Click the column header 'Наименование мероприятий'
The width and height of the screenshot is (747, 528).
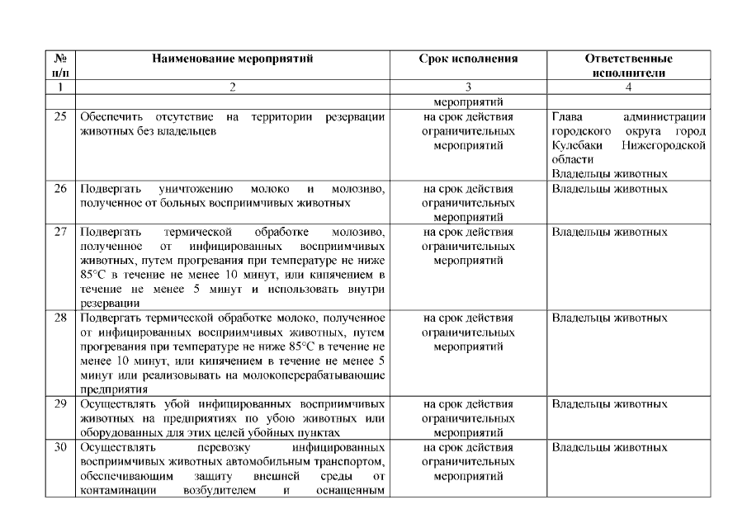pos(233,59)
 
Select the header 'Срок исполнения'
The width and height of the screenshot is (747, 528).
pos(469,59)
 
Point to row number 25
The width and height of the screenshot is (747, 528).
pos(60,116)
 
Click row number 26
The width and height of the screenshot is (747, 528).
pos(60,189)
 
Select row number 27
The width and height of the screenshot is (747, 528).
pos(60,232)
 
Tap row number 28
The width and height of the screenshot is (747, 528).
pos(60,318)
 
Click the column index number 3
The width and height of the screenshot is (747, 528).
pos(469,86)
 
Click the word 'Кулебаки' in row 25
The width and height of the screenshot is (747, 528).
pos(574,145)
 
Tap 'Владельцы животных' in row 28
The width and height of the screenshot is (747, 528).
pos(609,318)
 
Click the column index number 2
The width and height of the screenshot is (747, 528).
pos(233,86)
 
